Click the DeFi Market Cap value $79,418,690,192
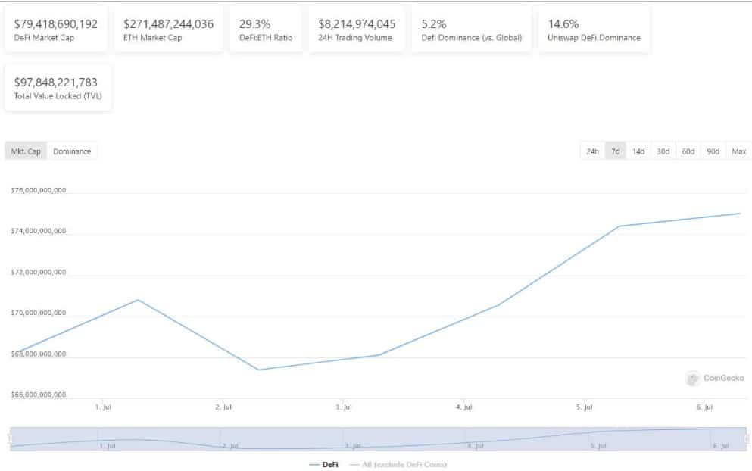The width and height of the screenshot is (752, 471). [56, 23]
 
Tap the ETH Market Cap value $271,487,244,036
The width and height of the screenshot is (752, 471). [168, 23]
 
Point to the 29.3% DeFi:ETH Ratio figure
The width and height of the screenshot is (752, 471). [254, 23]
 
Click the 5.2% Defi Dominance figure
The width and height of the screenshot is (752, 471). [434, 23]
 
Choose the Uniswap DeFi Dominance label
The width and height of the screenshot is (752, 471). [594, 38]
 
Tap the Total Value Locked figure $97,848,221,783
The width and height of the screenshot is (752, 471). [56, 82]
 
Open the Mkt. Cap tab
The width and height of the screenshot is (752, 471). [26, 151]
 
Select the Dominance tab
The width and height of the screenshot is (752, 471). [72, 151]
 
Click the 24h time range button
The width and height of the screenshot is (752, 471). [592, 151]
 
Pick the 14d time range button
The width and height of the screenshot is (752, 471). [638, 151]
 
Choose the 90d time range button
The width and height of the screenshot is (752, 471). [713, 151]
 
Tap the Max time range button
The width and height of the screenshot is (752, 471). [738, 151]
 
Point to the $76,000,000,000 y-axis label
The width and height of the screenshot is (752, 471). [39, 190]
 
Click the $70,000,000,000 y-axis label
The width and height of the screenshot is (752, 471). [39, 313]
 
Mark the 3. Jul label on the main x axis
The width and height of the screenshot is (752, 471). [343, 407]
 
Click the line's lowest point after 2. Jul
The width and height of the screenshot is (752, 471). [258, 370]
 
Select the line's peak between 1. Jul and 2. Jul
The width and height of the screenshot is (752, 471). [138, 300]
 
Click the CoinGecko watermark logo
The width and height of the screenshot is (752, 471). [692, 378]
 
